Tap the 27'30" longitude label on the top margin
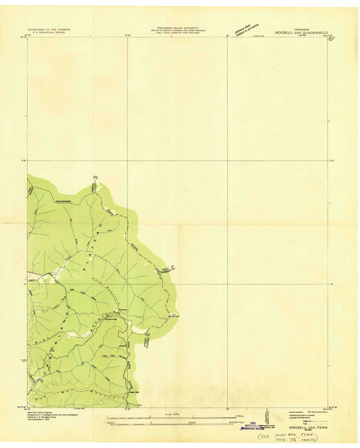coord(127,35)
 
